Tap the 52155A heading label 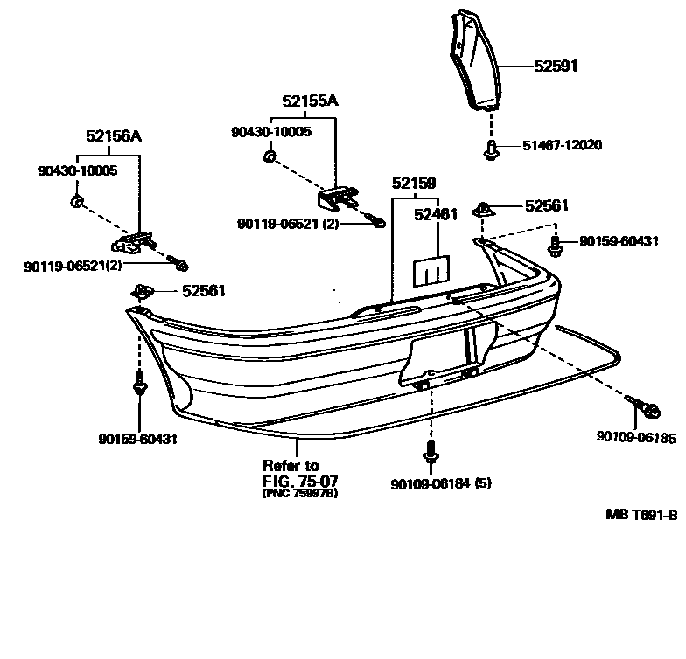click(310, 101)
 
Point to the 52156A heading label click(114, 135)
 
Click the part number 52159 click(413, 184)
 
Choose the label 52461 click(435, 213)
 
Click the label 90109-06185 click(636, 436)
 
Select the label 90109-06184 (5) click(440, 482)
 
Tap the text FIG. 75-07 click(299, 481)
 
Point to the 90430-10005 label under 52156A click(77, 170)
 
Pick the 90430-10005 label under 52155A click(270, 131)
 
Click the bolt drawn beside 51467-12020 click(492, 151)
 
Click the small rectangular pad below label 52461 click(431, 270)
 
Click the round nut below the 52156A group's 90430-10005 click(76, 203)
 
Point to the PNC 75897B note click(300, 493)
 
